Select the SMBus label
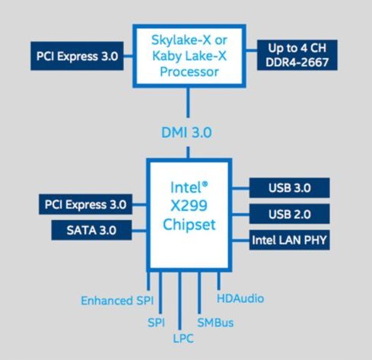click(x=215, y=323)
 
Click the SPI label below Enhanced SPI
click(x=156, y=323)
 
